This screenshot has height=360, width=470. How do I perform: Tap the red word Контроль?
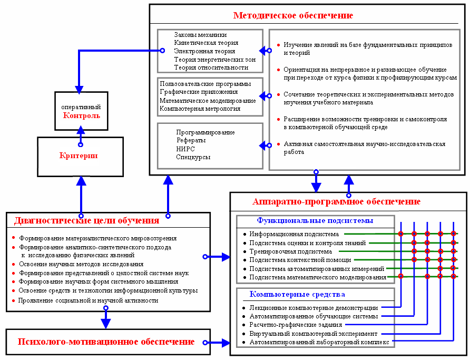[81, 115]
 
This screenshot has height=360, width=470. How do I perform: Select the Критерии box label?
[81, 156]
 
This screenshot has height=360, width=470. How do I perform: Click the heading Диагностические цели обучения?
[86, 220]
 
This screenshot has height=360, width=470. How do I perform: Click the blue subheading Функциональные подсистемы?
[315, 220]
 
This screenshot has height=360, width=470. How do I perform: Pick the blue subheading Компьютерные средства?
[298, 294]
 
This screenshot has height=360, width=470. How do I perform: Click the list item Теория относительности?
[211, 67]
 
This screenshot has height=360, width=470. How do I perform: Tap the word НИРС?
[185, 149]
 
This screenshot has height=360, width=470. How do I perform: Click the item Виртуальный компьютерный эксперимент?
[314, 334]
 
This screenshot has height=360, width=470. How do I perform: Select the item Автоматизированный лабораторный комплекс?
[319, 342]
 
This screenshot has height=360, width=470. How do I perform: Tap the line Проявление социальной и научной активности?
[89, 300]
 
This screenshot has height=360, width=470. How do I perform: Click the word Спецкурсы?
[193, 157]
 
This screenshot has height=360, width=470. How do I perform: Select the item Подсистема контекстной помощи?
[300, 260]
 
